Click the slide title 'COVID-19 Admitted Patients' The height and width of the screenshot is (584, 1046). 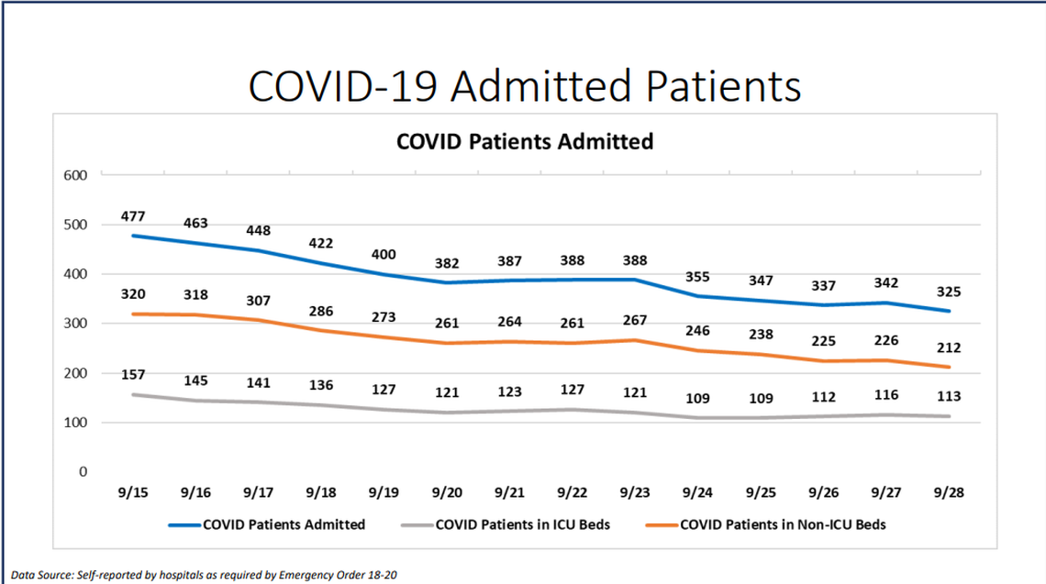[x=524, y=85]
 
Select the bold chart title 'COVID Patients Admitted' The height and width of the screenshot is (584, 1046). [x=524, y=142]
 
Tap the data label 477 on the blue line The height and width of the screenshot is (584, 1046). [x=133, y=217]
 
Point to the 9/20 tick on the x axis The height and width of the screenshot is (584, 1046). [x=447, y=492]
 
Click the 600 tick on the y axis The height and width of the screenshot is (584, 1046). [x=76, y=175]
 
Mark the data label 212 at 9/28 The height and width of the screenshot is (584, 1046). [x=948, y=348]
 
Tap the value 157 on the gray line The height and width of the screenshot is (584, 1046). [x=133, y=375]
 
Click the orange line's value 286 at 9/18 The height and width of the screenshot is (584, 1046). [x=321, y=311]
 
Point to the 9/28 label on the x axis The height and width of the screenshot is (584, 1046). [x=948, y=492]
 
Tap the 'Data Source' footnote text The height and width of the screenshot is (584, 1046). [x=205, y=574]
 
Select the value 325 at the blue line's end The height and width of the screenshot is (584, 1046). [x=948, y=292]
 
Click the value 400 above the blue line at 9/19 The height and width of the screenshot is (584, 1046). [x=384, y=254]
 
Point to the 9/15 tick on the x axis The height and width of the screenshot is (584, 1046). [x=134, y=492]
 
